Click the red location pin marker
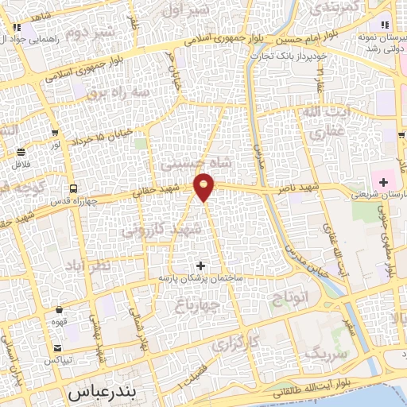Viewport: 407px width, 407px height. coord(205,186)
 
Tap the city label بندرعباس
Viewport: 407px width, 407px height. coord(103,392)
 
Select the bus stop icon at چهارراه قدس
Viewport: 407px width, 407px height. coord(74,189)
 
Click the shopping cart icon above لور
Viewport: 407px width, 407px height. coord(54,134)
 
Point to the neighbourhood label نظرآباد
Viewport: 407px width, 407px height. coord(90,266)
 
